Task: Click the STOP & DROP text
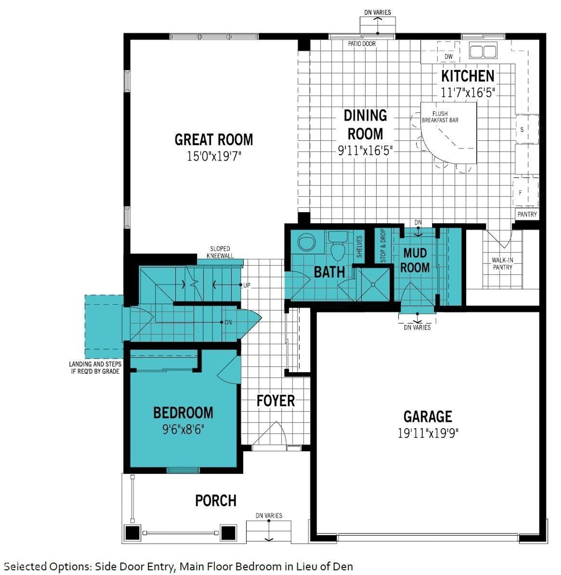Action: pyautogui.click(x=383, y=246)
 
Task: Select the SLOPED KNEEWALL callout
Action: pyautogui.click(x=220, y=252)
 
